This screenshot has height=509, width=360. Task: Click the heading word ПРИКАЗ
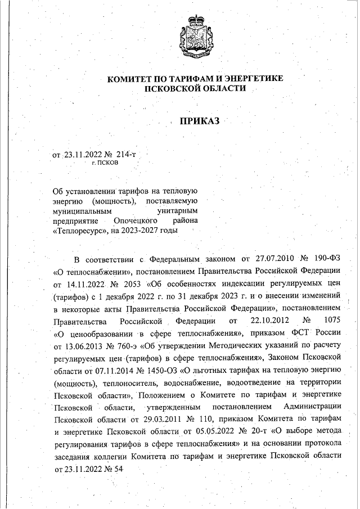click(x=198, y=121)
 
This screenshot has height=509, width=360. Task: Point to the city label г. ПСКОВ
click(x=105, y=163)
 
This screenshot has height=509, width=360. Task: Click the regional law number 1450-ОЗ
click(x=159, y=370)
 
